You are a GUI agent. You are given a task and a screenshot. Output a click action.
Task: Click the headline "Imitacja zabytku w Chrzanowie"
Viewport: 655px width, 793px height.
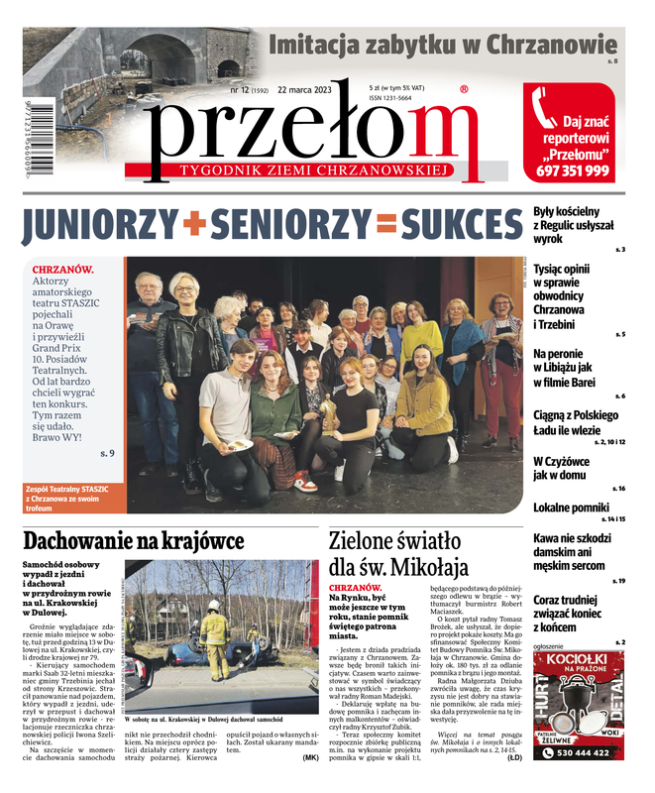[442, 46]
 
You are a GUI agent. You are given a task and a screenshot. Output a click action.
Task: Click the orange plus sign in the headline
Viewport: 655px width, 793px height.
[193, 225]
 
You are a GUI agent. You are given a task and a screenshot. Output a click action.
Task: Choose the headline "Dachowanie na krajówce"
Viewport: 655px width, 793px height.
[133, 541]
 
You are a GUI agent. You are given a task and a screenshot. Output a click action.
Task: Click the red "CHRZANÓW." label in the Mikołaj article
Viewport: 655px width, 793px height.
[354, 588]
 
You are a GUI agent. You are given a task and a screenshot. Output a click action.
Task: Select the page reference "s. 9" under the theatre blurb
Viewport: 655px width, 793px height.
[108, 454]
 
